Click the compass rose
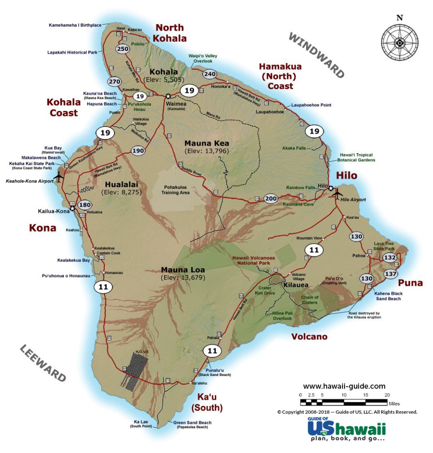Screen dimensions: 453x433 pos(399,42)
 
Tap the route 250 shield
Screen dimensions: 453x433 pos(123,49)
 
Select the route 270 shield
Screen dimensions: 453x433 pos(114,82)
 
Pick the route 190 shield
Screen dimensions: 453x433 pos(138,150)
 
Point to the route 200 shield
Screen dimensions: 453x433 pos(271,198)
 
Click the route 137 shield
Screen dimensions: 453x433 pos(391,274)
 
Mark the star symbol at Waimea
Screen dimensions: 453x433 pos(168,96)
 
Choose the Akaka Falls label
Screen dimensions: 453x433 pos(295,148)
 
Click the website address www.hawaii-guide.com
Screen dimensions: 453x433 pos(344,386)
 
